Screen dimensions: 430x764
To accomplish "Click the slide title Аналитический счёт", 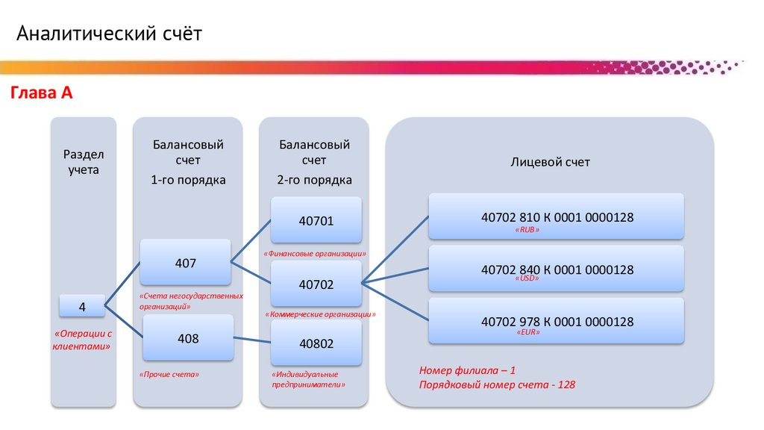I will click(110, 34).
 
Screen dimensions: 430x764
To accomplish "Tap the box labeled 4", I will click(82, 307).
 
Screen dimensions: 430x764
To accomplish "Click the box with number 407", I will click(186, 263).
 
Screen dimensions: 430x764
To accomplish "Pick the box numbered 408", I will click(188, 339).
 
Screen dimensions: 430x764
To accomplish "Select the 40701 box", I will click(316, 220).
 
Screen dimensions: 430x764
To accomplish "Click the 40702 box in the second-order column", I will click(316, 284).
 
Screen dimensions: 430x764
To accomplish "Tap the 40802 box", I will click(316, 343).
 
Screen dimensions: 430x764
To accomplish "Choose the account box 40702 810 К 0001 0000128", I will click(557, 216).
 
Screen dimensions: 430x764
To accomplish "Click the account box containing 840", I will click(557, 269).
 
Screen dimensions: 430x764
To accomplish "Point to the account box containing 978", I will click(557, 321).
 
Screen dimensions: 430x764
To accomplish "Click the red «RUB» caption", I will click(527, 231).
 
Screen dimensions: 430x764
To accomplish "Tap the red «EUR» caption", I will click(527, 331).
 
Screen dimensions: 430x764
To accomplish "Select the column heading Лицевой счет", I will click(550, 162).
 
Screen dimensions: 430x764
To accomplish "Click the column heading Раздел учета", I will click(83, 161).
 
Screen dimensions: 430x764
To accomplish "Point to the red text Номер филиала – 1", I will click(468, 370).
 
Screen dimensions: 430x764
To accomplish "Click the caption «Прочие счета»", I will click(169, 373).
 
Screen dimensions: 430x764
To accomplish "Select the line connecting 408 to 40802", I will click(252, 340).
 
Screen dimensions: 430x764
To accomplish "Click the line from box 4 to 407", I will click(123, 284).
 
